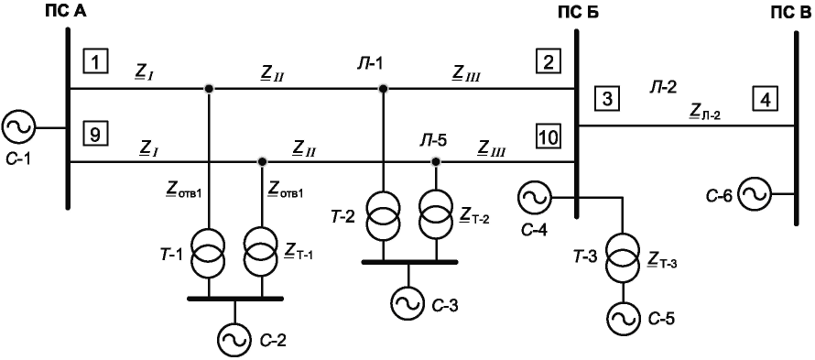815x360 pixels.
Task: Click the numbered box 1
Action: click(95, 62)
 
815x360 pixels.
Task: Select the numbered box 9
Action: click(95, 136)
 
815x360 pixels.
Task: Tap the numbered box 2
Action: click(549, 62)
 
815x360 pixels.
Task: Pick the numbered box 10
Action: click(549, 137)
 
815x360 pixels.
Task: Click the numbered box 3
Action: click(607, 98)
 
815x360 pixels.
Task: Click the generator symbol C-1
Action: click(18, 126)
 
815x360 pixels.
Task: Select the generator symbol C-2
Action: click(234, 339)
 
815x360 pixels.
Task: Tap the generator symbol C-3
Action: click(408, 302)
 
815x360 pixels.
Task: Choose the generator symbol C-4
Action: click(534, 198)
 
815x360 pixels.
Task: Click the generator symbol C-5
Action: click(622, 317)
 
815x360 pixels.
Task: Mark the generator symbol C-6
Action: click(755, 194)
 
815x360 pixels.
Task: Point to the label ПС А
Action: click(64, 11)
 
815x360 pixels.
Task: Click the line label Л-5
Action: click(433, 140)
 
